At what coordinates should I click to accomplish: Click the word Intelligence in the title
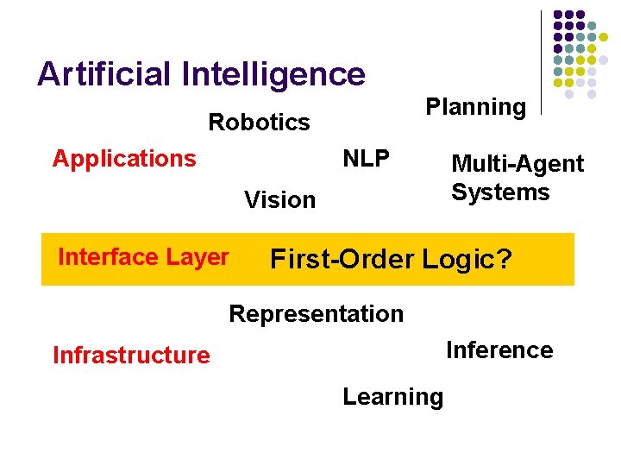tap(273, 74)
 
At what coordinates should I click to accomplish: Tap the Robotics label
tap(259, 122)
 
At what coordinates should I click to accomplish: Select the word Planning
tap(475, 108)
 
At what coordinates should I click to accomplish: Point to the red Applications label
tap(124, 159)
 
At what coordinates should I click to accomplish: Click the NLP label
tap(366, 159)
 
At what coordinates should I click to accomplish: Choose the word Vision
tap(279, 200)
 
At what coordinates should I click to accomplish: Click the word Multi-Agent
tap(517, 164)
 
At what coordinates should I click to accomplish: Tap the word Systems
tap(500, 192)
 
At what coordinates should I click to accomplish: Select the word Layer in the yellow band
tap(201, 257)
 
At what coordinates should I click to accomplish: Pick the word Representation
tap(316, 314)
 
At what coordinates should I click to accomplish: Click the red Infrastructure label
tap(131, 356)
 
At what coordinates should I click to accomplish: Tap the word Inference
tap(499, 350)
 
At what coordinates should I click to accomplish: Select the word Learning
tap(392, 397)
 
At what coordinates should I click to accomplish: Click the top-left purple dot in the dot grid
tap(558, 15)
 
